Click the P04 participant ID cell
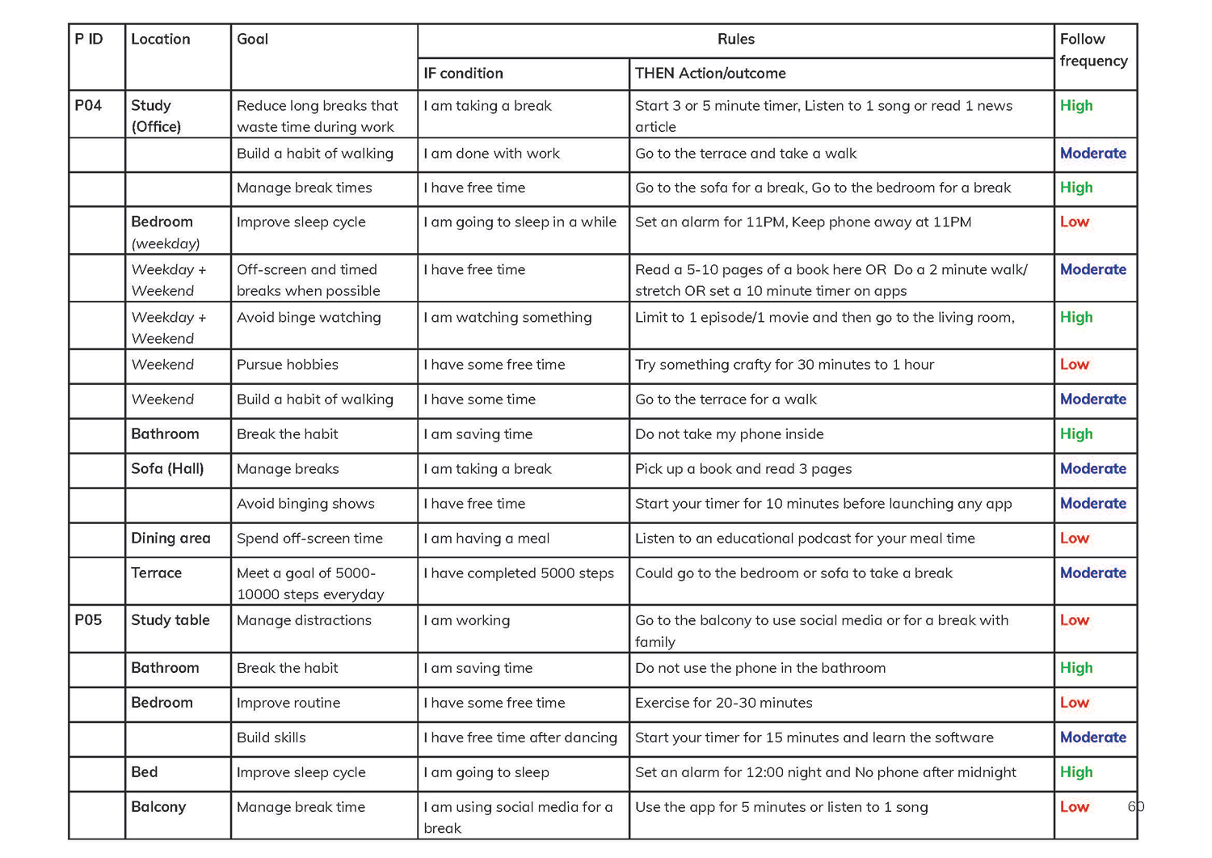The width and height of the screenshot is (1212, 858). [x=88, y=106]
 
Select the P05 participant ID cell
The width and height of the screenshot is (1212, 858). [x=88, y=620]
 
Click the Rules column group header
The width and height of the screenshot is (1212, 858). [x=735, y=40]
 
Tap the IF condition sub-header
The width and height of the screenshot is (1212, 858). [x=463, y=74]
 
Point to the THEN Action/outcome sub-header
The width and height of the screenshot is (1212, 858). [x=709, y=74]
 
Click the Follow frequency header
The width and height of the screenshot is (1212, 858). [x=1093, y=50]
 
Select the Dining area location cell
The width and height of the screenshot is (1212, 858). [x=170, y=539]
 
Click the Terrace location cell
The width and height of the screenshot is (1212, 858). [x=156, y=573]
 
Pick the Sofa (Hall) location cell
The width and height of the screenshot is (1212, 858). [x=167, y=469]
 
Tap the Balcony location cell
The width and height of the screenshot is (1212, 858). [x=158, y=807]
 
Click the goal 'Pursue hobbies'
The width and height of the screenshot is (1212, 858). [x=287, y=365]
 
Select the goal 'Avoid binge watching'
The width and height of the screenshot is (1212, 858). [x=309, y=318]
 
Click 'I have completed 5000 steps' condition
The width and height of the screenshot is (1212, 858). [x=519, y=573]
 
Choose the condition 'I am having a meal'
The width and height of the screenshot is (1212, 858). [x=486, y=539]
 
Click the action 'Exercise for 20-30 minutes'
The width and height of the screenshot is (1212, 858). [x=723, y=703]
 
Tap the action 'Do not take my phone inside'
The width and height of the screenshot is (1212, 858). [x=729, y=434]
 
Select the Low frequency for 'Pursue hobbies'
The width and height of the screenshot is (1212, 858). [x=1074, y=365]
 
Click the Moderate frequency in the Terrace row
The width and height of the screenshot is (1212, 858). [x=1092, y=573]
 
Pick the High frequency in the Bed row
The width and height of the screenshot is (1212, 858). [x=1075, y=772]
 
